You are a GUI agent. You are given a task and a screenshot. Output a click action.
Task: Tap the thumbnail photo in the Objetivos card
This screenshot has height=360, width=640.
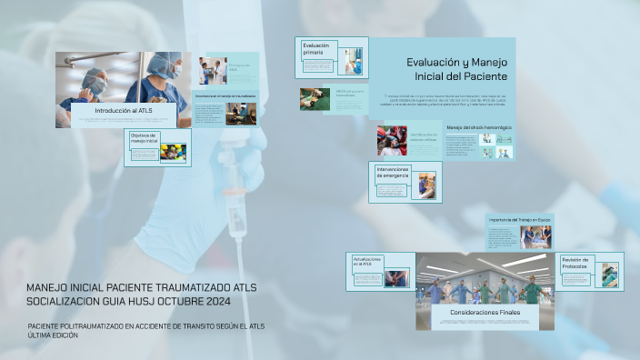point(172,152)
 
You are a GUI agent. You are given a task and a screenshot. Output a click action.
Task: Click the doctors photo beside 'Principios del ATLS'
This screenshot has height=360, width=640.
point(213,71)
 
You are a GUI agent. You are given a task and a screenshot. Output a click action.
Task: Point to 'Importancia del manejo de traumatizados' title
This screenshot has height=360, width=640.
point(225,95)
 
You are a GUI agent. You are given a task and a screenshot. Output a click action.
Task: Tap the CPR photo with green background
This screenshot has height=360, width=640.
point(315,98)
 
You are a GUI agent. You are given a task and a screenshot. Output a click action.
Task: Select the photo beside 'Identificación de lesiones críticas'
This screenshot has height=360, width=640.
point(392,140)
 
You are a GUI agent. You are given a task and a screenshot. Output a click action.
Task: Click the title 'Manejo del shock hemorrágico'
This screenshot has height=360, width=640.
point(479,127)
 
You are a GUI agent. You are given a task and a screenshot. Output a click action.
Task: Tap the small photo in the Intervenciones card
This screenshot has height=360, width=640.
point(427,185)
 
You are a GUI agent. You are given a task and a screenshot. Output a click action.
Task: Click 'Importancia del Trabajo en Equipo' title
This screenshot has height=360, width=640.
point(519,220)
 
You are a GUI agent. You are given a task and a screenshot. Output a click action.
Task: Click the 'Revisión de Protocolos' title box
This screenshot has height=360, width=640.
point(576,263)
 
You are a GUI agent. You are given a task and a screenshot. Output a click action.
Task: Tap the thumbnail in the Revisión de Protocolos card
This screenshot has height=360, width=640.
point(609,275)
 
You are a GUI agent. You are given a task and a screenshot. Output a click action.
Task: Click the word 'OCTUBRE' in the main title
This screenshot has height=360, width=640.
point(174,301)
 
